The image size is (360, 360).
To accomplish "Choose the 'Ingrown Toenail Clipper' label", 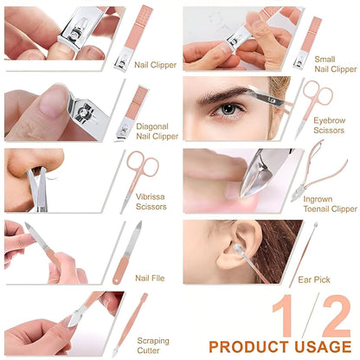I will (330, 203).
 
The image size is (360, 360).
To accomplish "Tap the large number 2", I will (331, 313).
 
